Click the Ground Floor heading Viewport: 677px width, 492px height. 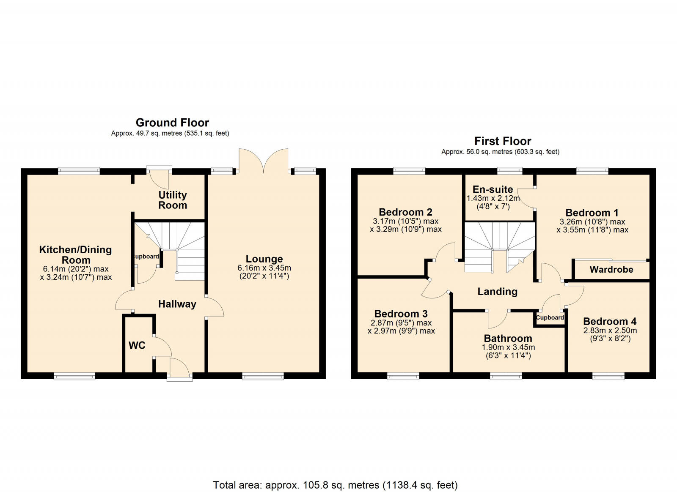pyautogui.click(x=172, y=123)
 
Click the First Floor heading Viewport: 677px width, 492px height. pyautogui.click(x=502, y=141)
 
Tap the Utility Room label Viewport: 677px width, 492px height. pyautogui.click(x=172, y=200)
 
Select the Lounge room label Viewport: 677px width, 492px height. pyautogui.click(x=264, y=259)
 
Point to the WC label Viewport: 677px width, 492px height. pyautogui.click(x=137, y=345)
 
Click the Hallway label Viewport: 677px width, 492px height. pyautogui.click(x=177, y=304)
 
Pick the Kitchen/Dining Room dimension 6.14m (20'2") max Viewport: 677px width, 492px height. pyautogui.click(x=76, y=269)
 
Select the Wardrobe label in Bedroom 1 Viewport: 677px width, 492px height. pyautogui.click(x=611, y=270)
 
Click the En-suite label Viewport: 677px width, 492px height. pyautogui.click(x=493, y=189)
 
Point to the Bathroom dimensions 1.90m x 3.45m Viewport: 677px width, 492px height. pyautogui.click(x=508, y=347)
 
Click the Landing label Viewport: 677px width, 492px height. pyautogui.click(x=497, y=292)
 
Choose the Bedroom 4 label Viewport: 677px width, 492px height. pyautogui.click(x=609, y=321)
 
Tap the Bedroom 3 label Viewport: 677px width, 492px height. pyautogui.click(x=401, y=314)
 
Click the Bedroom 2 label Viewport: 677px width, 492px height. pyautogui.click(x=405, y=212)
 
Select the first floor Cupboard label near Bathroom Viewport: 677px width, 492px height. pyautogui.click(x=550, y=317)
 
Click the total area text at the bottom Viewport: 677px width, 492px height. pyautogui.click(x=335, y=485)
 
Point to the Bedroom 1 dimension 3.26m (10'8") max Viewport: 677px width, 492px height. pyautogui.click(x=592, y=221)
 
